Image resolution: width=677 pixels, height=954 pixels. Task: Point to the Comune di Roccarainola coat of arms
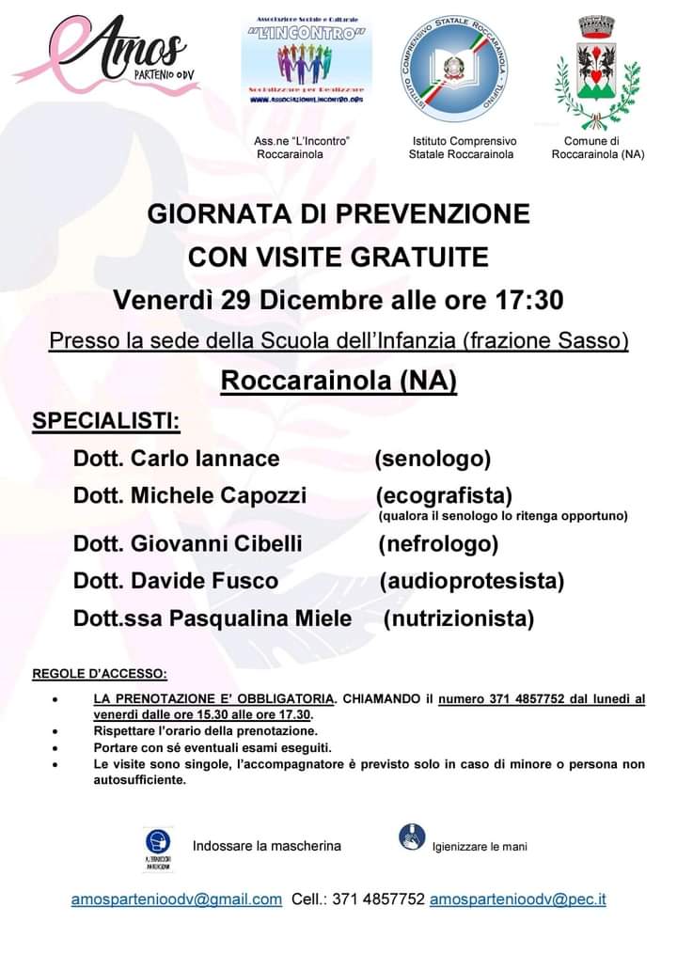click(595, 70)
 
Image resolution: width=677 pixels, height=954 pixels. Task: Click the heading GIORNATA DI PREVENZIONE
click(338, 214)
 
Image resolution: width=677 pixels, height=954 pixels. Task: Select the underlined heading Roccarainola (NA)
click(338, 381)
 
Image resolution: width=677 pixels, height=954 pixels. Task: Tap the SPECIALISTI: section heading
click(106, 420)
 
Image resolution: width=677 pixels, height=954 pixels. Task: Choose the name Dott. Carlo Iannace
click(177, 459)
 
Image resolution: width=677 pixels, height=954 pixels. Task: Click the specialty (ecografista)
click(444, 495)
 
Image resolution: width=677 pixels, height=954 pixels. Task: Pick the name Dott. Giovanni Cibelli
click(188, 543)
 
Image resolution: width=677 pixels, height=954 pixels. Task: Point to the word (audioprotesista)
click(472, 581)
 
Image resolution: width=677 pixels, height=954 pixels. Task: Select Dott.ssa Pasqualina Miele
click(213, 618)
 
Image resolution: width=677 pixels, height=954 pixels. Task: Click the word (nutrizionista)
click(459, 618)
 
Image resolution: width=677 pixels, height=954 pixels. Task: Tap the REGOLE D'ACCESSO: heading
click(101, 673)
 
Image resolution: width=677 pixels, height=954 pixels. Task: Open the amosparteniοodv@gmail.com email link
click(177, 899)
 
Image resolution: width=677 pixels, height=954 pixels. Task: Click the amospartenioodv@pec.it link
click(517, 899)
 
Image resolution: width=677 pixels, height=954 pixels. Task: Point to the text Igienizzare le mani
click(480, 847)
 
